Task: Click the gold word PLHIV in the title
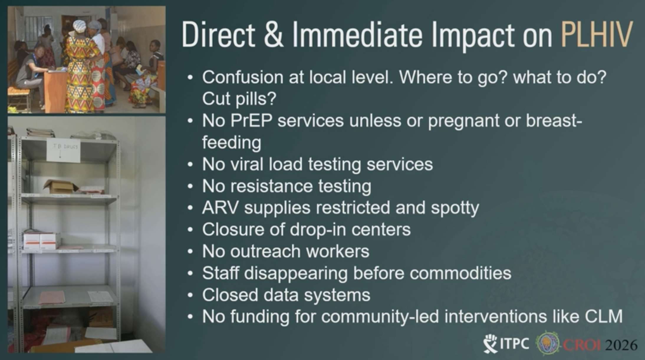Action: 596,35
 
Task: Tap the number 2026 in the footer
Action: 621,345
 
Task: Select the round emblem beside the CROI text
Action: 547,343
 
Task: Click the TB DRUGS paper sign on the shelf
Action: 63,150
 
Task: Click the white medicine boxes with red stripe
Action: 42,241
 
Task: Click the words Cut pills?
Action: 239,99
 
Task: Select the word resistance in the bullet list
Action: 271,186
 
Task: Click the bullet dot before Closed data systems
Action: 190,295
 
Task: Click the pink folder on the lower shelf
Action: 52,297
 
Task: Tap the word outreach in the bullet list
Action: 265,252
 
